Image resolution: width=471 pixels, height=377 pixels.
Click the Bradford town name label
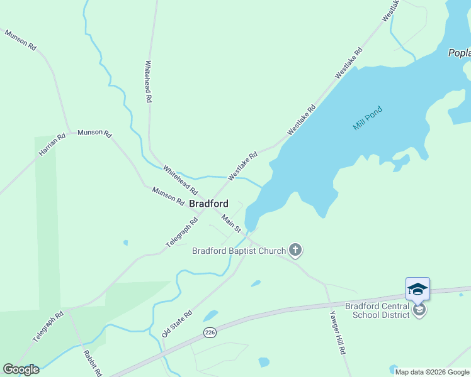click(208, 204)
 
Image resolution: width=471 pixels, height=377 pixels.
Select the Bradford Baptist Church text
click(239, 251)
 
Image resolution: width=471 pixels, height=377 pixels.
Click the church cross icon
click(295, 251)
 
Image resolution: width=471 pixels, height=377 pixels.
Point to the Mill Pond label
click(368, 118)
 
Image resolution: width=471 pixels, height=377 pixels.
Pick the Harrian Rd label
click(52, 146)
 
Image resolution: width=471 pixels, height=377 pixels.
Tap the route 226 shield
click(210, 332)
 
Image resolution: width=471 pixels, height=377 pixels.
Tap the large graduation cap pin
click(417, 289)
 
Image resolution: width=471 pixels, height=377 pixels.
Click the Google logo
click(21, 369)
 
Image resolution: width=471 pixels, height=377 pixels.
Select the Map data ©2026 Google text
click(433, 372)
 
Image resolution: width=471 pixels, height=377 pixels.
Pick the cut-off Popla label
click(459, 53)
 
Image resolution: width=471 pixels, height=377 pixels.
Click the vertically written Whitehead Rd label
click(149, 82)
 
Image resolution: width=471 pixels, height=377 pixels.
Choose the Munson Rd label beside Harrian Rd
click(94, 134)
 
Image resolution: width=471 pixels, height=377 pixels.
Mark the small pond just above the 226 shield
click(210, 315)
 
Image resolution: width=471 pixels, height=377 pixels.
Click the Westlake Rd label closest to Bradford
click(243, 166)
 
